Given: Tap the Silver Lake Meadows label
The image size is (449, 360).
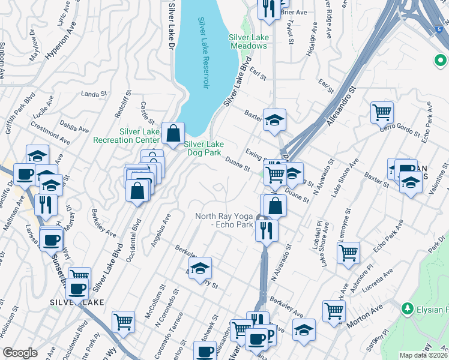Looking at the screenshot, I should [248, 41].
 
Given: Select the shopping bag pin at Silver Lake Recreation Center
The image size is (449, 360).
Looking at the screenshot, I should [173, 133].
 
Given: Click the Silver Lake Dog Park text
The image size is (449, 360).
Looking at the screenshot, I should [203, 148].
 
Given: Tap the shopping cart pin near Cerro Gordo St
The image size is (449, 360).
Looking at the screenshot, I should [382, 112].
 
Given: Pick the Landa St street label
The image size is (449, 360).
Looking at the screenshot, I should [92, 94].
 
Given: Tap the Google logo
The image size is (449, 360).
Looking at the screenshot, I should [20, 353].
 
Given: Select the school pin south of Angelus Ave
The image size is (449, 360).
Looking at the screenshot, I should [200, 267].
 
